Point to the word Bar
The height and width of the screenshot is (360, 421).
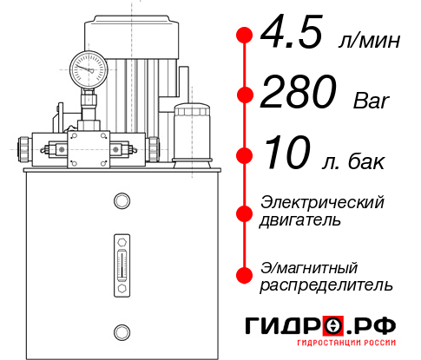point(372,101)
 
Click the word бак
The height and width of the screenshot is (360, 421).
point(365,162)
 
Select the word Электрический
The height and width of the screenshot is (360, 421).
point(322,202)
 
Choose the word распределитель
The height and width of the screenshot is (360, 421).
point(326,285)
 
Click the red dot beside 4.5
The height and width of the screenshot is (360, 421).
point(245,36)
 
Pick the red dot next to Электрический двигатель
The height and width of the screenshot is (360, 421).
point(245,213)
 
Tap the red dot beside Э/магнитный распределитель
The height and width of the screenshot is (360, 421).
point(245,275)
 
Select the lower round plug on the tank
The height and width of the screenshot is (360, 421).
point(121,330)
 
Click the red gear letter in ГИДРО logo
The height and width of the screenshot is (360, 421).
point(334,325)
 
